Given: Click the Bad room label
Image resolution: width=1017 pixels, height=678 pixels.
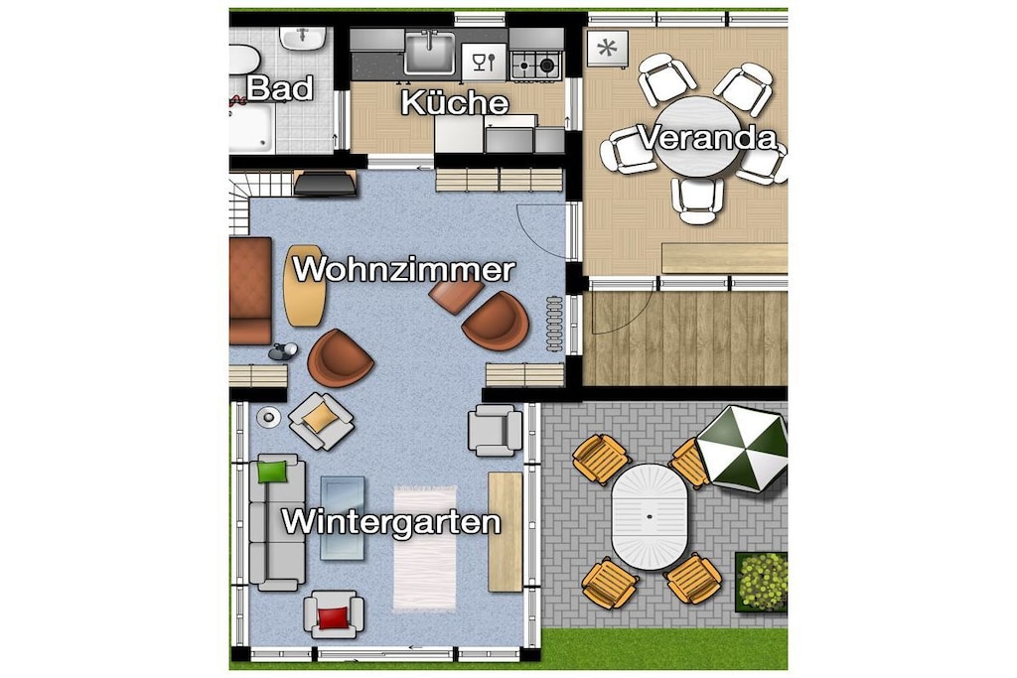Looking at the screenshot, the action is [x=280, y=88].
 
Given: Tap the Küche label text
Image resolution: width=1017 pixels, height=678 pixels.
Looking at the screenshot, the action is [x=455, y=102].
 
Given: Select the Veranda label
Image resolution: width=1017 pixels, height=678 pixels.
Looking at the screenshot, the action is [x=707, y=138].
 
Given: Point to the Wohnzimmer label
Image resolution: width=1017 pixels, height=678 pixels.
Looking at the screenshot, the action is [x=404, y=269].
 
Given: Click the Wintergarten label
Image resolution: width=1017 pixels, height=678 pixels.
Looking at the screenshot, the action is [x=391, y=522].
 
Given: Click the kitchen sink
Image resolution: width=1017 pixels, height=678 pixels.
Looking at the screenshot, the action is [x=429, y=54].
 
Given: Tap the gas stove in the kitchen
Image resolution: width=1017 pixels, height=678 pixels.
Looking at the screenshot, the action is [x=535, y=65].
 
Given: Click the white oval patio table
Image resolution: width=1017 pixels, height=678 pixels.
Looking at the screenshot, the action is [x=650, y=516].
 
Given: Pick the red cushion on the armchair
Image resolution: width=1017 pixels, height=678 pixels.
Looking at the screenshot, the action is [x=334, y=618].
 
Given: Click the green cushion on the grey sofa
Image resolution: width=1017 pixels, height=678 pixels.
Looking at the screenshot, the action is [x=272, y=472].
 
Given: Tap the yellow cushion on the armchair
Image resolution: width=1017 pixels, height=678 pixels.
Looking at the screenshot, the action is [x=321, y=418].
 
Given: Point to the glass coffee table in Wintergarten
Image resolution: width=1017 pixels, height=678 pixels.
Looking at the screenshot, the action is [x=343, y=517].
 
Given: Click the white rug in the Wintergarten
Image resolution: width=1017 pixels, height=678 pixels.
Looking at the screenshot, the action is [x=425, y=548].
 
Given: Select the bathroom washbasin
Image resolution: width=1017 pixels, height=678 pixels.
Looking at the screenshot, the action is [x=302, y=39].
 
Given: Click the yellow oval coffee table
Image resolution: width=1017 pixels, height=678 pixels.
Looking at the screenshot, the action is [x=304, y=285].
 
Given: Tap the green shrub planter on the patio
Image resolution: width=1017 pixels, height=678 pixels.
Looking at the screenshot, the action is [x=762, y=582].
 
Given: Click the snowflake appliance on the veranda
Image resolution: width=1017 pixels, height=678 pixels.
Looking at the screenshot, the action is [x=608, y=49].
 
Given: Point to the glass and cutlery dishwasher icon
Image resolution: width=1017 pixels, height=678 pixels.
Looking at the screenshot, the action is [x=484, y=63].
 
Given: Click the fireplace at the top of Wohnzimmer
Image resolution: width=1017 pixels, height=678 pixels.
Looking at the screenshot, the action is [x=325, y=183].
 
